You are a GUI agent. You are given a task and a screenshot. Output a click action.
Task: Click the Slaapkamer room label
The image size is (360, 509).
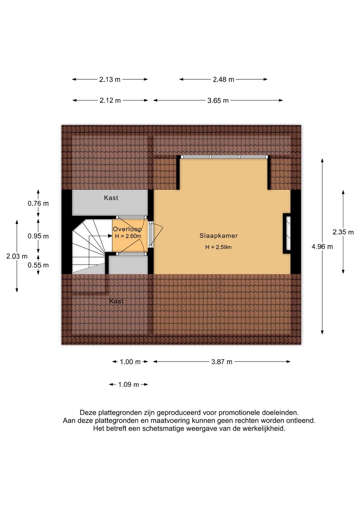[x=218, y=235]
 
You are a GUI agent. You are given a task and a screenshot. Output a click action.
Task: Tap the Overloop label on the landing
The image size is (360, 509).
[x=127, y=229]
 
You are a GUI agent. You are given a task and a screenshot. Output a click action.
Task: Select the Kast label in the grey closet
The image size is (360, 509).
[x=111, y=198]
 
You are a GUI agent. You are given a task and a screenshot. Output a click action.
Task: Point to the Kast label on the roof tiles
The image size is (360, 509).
[x=116, y=301]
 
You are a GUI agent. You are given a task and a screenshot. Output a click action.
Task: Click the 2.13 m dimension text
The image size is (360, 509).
[x=110, y=79]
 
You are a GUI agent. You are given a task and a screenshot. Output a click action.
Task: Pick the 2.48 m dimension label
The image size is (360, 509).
[x=223, y=79]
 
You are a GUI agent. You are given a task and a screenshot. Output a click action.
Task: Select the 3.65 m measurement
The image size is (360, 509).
[x=218, y=100]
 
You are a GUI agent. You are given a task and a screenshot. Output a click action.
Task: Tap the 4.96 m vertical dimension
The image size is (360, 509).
[x=322, y=246]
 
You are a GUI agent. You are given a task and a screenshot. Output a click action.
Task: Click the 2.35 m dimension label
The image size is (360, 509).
[x=343, y=232]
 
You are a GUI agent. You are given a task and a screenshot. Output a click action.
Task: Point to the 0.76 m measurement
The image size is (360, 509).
[x=38, y=203]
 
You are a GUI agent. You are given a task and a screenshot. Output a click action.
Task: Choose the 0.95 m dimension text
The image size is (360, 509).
[x=38, y=236]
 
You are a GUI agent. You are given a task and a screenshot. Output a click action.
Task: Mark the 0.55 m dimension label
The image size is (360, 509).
[x=38, y=265]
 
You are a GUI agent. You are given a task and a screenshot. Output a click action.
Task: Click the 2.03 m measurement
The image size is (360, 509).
[x=17, y=257]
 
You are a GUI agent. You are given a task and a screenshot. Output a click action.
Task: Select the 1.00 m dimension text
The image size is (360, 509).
[x=130, y=362]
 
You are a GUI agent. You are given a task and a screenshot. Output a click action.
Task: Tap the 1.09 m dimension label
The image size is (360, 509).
[x=129, y=385]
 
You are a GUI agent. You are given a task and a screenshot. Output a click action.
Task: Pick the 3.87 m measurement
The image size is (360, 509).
[x=222, y=362]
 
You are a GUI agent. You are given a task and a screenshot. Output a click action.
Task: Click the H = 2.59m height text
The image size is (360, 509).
[x=218, y=247]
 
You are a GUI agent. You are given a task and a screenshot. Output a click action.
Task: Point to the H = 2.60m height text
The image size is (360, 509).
[x=128, y=236]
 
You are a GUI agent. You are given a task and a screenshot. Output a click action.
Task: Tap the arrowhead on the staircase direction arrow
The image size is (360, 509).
[x=110, y=236]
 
